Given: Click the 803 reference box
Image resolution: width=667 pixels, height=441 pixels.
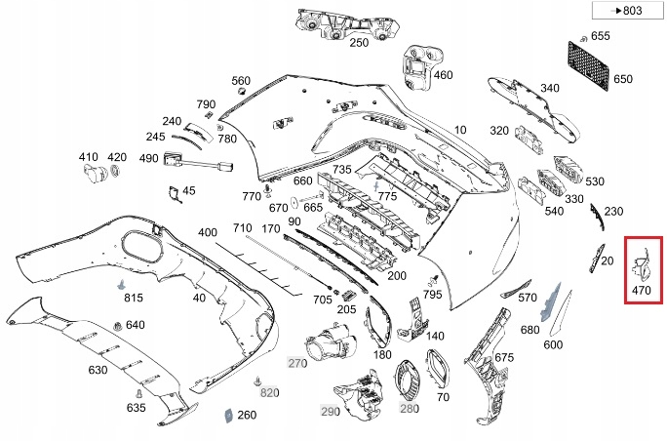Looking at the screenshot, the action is tap(627, 10).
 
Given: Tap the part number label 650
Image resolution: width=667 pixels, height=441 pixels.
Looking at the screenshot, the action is tap(623, 79).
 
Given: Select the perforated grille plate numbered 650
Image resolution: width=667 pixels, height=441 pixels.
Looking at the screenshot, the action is tap(589, 65).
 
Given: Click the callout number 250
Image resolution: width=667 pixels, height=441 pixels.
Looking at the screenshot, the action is tap(359, 43).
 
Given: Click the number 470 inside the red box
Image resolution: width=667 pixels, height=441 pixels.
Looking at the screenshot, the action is tap(642, 291).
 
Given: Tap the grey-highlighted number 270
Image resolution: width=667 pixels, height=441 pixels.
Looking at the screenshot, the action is tap(297, 363).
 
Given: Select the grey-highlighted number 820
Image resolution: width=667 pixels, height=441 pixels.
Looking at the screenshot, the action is tap(270, 392).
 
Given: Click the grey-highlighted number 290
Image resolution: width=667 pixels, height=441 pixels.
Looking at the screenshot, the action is tap(331, 411).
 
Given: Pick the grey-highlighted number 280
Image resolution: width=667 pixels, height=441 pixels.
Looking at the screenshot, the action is tap(410, 409).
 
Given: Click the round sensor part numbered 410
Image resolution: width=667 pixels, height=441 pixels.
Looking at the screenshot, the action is tap(95, 174).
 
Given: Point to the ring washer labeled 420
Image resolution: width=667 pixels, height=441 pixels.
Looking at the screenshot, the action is tap(115, 172).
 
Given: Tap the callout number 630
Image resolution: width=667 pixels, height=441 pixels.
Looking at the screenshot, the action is tap(98, 370).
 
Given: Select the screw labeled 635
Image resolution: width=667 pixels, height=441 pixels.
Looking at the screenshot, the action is tap(138, 394).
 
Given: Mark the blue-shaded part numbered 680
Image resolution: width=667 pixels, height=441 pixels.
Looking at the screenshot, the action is tap(550, 301).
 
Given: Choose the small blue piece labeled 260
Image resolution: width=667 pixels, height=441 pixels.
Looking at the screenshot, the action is tap(229, 415).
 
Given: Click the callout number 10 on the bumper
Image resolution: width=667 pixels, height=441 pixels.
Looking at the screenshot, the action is tap(460, 130).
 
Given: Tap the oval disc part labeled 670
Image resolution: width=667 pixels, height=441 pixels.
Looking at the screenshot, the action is tap(294, 204).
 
